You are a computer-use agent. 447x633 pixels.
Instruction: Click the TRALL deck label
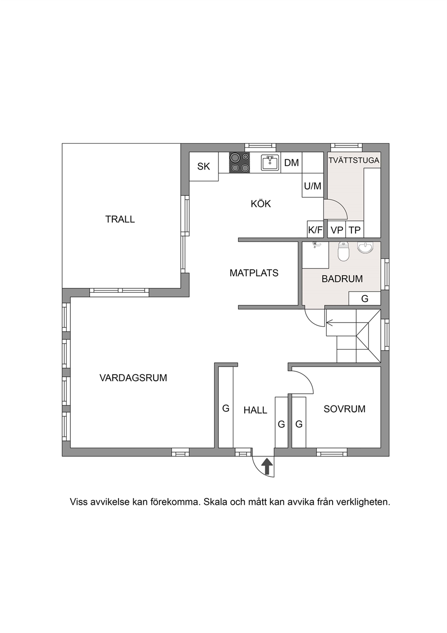[x=120, y=219]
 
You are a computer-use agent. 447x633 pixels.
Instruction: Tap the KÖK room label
[x=261, y=203]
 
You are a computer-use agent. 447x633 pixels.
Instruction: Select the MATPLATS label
[x=254, y=273]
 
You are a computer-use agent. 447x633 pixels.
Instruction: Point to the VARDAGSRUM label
[x=133, y=378]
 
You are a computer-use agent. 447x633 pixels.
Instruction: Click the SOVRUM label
[x=344, y=409]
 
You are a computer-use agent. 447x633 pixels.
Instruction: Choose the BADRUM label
[x=342, y=279]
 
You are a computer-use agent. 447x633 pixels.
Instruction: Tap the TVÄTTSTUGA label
[x=354, y=160]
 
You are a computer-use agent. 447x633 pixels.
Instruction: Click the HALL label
[x=255, y=410]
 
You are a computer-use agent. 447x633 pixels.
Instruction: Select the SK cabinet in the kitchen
[x=204, y=166]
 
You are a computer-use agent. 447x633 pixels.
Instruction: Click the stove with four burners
[x=240, y=162]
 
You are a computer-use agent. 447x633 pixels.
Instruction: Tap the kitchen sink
[x=270, y=162]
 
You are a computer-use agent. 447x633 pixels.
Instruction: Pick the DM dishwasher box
[x=292, y=162]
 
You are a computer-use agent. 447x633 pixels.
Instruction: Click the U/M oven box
[x=313, y=185]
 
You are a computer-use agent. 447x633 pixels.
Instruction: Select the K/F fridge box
[x=315, y=229]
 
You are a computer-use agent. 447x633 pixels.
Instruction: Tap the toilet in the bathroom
[x=343, y=251]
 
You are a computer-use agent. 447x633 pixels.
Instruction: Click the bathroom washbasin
[x=365, y=247]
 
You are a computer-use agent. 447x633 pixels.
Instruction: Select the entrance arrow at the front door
[x=268, y=467]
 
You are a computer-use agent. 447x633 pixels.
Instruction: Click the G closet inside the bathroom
[x=365, y=298]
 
